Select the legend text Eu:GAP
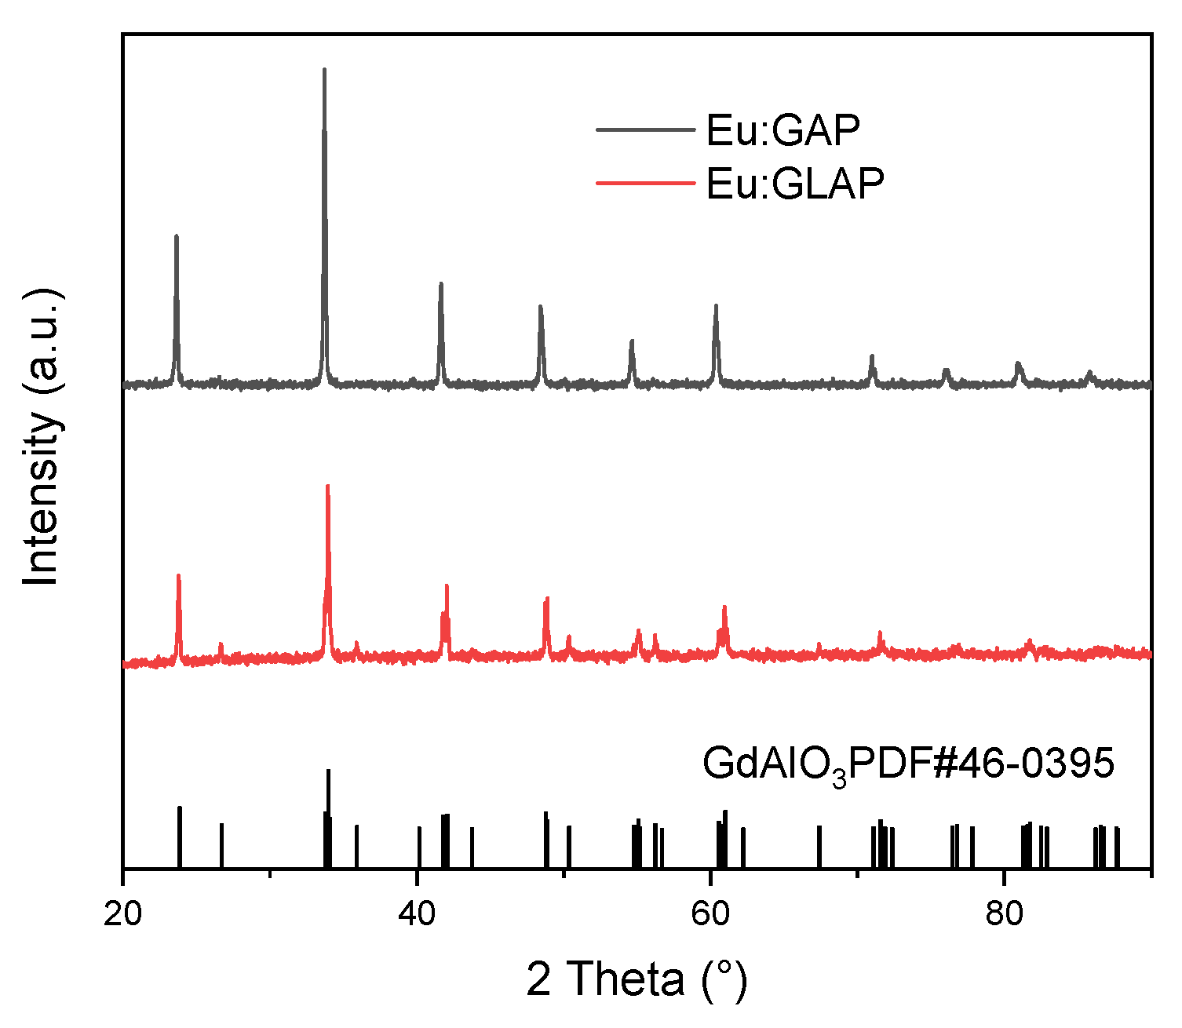click(x=783, y=130)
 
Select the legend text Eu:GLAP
click(x=795, y=184)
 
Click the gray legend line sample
click(x=645, y=130)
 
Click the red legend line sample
click(x=645, y=184)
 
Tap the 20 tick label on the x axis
click(x=123, y=916)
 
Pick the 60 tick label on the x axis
click(x=710, y=916)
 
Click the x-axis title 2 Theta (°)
click(x=637, y=979)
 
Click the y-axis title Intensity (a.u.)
click(x=43, y=436)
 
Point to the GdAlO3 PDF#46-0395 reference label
click(x=908, y=764)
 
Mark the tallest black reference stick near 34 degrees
click(x=328, y=816)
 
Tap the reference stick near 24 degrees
click(x=180, y=836)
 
